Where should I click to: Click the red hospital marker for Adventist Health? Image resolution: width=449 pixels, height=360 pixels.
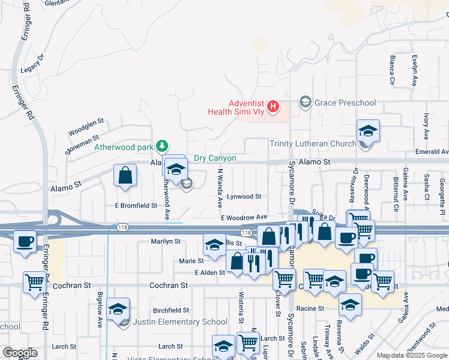tap(273, 107)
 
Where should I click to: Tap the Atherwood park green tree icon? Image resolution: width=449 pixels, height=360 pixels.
tap(161, 146)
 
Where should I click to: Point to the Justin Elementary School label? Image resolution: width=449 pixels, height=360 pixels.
tap(181, 322)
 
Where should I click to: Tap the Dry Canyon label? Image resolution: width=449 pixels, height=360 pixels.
tap(215, 158)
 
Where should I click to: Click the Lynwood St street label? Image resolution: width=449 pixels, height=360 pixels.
tap(244, 197)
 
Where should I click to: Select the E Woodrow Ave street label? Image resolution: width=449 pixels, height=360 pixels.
tap(244, 217)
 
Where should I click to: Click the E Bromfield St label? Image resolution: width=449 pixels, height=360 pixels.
tap(136, 206)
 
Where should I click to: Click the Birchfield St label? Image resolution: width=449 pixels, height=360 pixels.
tap(170, 311)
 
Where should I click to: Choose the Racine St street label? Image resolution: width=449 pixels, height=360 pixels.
tap(313, 308)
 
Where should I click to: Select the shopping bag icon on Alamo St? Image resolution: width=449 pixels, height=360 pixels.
tap(125, 176)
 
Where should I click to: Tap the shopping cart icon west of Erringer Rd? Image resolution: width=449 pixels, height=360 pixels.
tap(35, 281)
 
